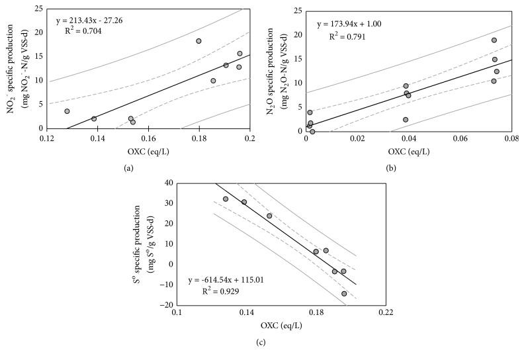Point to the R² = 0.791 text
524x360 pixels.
(x=350, y=36)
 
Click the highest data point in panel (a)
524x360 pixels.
(x=198, y=41)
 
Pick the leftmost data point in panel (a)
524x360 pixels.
(x=67, y=111)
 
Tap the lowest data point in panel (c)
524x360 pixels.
(x=344, y=293)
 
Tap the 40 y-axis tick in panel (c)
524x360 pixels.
(x=169, y=183)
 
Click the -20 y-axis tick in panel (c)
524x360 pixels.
(x=167, y=305)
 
